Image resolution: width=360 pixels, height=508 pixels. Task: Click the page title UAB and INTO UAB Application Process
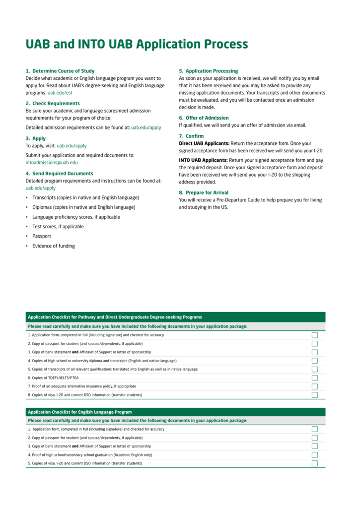click(137, 44)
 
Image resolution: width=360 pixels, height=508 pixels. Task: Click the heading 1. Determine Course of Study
click(60, 71)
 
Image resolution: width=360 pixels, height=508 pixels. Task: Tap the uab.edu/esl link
click(60, 93)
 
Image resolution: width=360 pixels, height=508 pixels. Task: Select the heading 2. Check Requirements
click(53, 103)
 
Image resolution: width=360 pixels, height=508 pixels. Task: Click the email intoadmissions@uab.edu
click(52, 162)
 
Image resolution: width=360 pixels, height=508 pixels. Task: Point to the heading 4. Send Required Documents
click(59, 174)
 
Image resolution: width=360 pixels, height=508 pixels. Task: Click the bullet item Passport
click(42, 236)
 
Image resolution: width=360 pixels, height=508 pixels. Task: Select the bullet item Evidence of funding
click(54, 246)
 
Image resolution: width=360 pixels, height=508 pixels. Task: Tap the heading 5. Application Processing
click(208, 71)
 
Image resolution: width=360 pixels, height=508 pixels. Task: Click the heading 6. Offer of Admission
click(204, 118)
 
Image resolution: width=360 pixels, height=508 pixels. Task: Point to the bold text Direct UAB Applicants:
click(204, 143)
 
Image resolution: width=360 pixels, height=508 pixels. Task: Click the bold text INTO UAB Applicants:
click(203, 160)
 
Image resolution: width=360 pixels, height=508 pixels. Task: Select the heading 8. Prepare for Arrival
click(204, 192)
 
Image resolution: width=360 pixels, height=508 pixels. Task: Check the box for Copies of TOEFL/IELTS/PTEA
click(315, 378)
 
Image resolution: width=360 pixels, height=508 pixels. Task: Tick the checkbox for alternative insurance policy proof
click(315, 386)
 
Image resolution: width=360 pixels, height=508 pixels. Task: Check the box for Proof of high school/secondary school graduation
click(315, 455)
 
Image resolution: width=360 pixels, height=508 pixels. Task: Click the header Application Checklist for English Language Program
click(80, 412)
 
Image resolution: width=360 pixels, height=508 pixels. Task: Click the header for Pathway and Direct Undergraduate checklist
click(115, 317)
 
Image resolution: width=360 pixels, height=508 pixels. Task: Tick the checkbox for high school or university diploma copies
click(315, 361)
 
